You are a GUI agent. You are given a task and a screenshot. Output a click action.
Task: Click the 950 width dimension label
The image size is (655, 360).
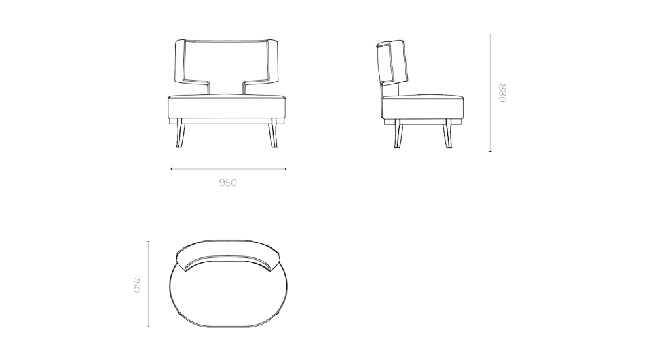228,183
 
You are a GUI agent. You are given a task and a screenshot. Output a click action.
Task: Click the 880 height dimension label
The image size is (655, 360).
502,93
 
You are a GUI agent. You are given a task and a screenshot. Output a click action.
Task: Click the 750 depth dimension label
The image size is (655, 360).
137,283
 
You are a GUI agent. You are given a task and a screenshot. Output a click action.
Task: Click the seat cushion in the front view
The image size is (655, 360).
227,106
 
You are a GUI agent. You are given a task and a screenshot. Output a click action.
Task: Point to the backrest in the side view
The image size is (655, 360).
391,65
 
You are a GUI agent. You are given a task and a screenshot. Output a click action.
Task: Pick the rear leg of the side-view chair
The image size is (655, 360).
397,135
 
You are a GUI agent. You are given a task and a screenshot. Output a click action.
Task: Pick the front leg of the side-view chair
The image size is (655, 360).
447,135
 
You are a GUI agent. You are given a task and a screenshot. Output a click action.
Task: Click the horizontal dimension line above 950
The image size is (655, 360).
228,169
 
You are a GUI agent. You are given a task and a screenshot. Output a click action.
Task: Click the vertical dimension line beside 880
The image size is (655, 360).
490,93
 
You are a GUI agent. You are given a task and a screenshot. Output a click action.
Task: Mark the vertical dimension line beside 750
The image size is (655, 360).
149,283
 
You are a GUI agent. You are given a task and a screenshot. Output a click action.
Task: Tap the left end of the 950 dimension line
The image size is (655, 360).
172,169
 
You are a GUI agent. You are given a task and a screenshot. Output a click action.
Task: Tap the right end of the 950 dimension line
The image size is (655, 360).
285,169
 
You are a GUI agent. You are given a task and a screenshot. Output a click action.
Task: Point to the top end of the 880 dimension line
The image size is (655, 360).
490,35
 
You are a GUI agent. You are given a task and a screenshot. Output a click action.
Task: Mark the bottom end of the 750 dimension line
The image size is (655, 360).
149,326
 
